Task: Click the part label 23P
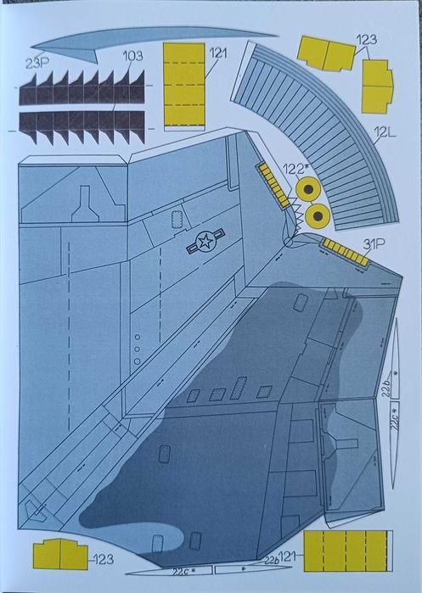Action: point(37,64)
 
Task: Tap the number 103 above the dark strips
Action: point(132,56)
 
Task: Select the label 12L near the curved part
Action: point(385,132)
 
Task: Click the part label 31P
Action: point(374,244)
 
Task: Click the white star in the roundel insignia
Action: point(205,241)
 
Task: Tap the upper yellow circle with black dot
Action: point(308,189)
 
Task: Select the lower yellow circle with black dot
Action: point(318,216)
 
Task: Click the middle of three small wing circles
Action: point(138,349)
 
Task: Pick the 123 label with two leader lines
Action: point(366,40)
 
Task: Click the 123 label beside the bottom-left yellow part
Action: point(103,559)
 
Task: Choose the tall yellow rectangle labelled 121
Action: point(184,87)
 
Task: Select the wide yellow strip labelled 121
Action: point(348,551)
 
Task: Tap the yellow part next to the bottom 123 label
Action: point(60,554)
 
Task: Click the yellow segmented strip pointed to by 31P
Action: point(346,253)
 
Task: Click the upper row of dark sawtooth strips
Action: point(82,88)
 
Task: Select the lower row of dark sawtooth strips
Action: point(82,126)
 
